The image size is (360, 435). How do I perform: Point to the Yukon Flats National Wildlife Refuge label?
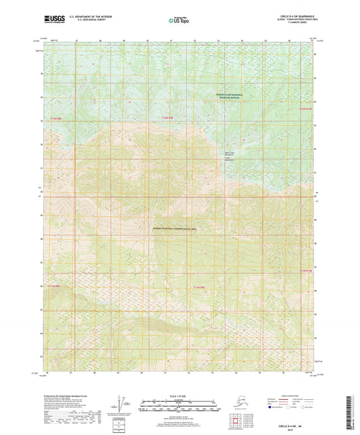229,97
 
